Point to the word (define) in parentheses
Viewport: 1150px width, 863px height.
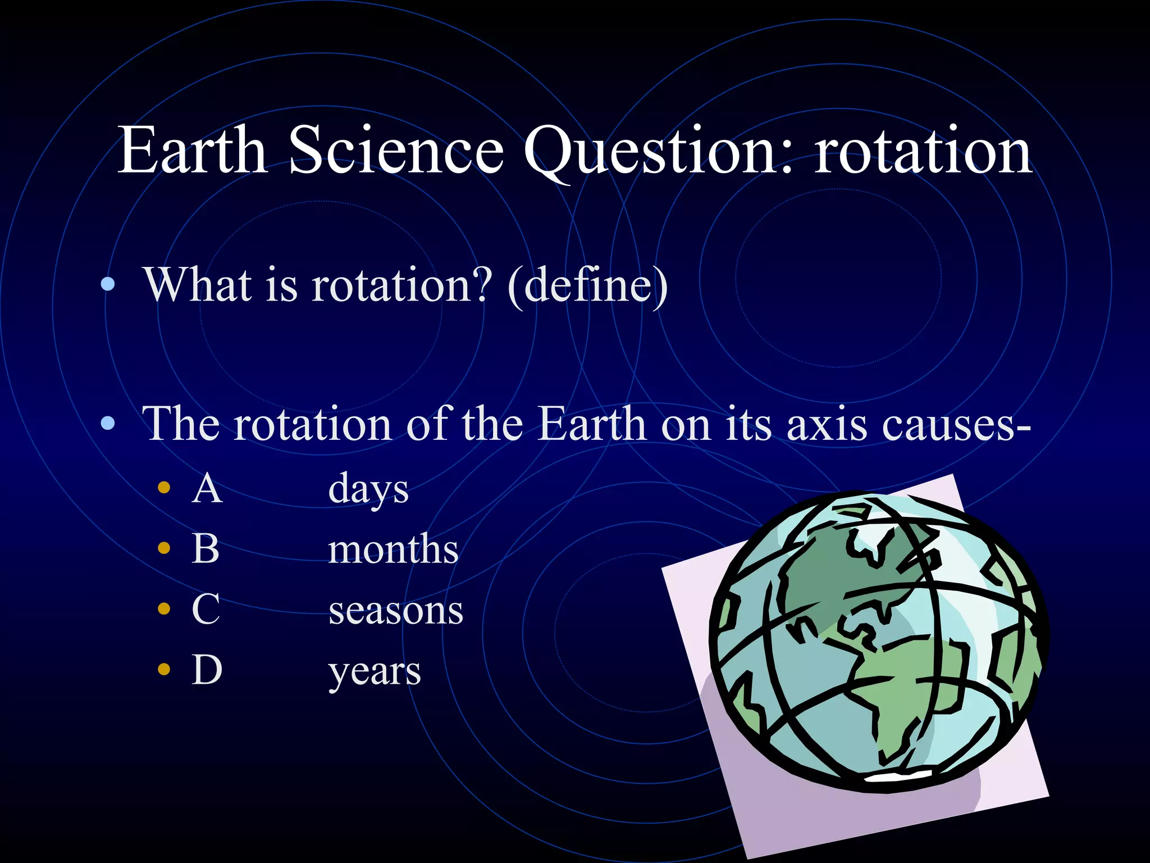point(587,285)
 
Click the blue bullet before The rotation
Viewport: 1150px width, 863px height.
point(108,424)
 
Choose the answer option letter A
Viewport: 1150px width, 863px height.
point(207,489)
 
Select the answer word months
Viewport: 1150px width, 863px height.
point(393,549)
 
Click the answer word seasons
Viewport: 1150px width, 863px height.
point(396,611)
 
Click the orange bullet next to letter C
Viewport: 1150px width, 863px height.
point(164,609)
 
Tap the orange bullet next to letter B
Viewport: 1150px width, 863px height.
point(164,548)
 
